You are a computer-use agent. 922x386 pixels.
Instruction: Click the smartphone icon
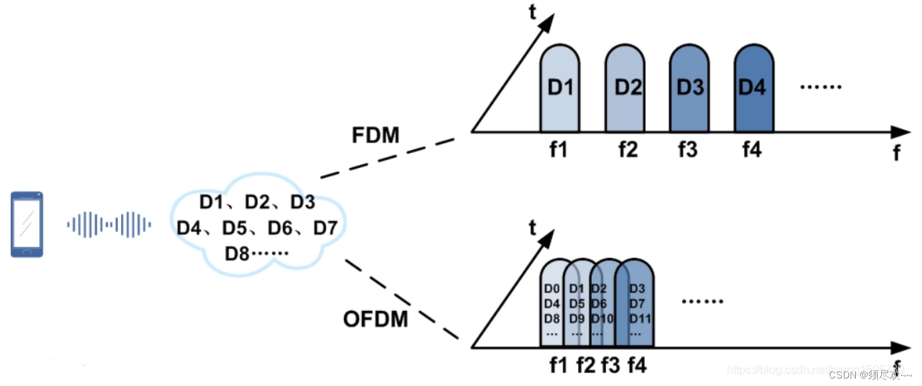point(27,224)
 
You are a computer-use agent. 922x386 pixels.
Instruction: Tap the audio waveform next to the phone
point(109,225)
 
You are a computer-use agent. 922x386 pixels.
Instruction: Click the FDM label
point(375,135)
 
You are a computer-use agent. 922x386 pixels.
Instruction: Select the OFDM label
point(375,319)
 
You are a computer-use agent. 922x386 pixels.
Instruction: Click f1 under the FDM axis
point(558,150)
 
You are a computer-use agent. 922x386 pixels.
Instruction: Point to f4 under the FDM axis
point(752,150)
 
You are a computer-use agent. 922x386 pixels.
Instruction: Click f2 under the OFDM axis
point(586,364)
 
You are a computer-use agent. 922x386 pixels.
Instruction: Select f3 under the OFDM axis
point(611,364)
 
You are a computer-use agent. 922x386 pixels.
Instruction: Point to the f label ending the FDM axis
point(897,152)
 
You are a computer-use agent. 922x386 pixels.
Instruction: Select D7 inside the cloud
point(325,228)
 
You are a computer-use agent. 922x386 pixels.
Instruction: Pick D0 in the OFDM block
point(551,289)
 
